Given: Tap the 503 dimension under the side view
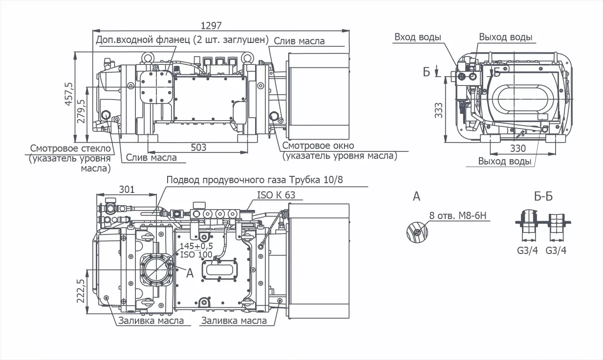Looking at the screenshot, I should click(198, 147).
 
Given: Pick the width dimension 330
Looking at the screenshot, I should click(518, 148).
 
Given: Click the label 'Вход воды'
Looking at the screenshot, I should click(417, 38).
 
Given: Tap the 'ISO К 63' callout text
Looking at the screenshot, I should click(276, 195).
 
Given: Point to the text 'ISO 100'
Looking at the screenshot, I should click(196, 254).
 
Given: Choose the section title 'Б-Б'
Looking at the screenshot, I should click(543, 197).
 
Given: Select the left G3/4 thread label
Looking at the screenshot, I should click(527, 250).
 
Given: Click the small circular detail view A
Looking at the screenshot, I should click(416, 232).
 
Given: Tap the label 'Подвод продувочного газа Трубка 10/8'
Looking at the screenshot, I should click(255, 180).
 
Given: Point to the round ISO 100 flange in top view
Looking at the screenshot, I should click(156, 270).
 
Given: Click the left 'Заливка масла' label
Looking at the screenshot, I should click(151, 321).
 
